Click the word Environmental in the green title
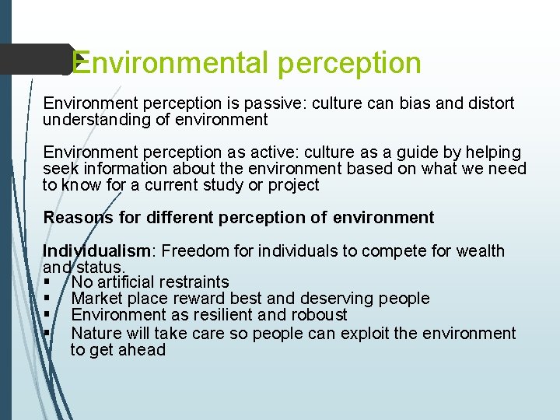pyautogui.click(x=171, y=63)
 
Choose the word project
pyautogui.click(x=292, y=185)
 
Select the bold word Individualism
pyautogui.click(x=98, y=251)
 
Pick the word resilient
pyautogui.click(x=234, y=315)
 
